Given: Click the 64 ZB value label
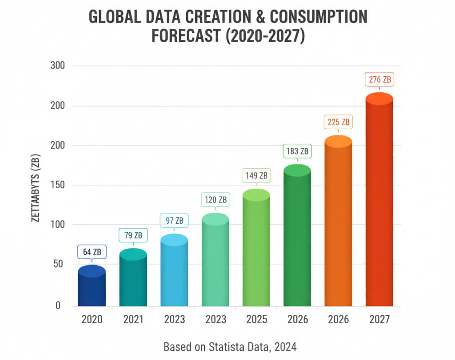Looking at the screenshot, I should (x=92, y=252).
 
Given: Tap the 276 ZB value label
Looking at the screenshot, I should (x=379, y=80).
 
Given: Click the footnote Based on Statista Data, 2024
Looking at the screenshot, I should (x=229, y=346).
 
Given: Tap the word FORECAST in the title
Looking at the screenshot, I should (x=186, y=36).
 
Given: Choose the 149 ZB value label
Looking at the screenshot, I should (x=256, y=176).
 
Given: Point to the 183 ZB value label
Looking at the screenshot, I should (x=297, y=151).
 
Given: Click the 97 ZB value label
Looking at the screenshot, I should (x=174, y=220).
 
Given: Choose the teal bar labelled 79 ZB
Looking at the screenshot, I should (x=133, y=280).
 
